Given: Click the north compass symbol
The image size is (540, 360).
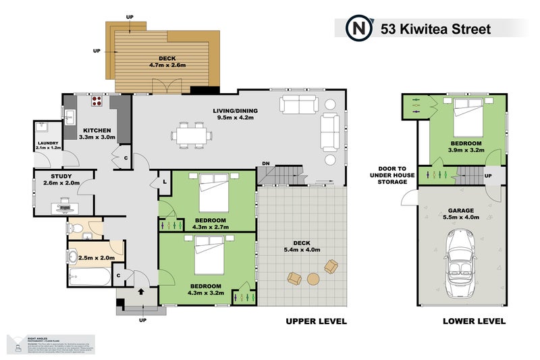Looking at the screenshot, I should pyautogui.click(x=358, y=29).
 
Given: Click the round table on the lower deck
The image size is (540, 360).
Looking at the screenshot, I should pyautogui.click(x=313, y=278).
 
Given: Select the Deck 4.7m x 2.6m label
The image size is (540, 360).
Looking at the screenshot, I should pyautogui.click(x=162, y=62).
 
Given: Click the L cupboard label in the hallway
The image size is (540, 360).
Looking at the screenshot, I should pyautogui.click(x=163, y=182).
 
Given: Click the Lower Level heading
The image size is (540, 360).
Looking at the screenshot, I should pyautogui.click(x=474, y=322).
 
